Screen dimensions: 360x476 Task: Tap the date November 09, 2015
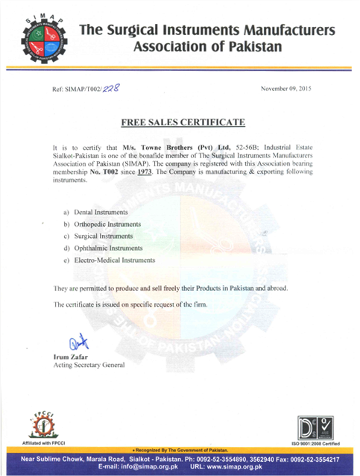click(x=286, y=89)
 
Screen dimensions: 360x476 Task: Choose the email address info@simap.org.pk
click(x=136, y=468)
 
